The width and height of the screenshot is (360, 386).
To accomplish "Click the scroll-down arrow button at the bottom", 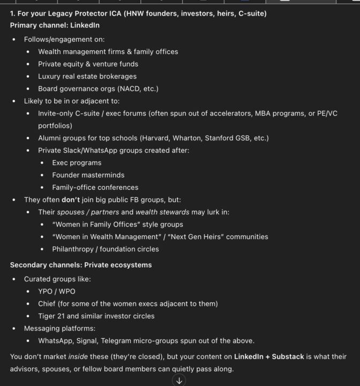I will (x=179, y=381).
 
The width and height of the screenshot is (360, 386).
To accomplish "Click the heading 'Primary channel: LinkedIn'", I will (x=55, y=25).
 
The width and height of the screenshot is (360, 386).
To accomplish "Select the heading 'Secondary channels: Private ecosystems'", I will (x=81, y=265).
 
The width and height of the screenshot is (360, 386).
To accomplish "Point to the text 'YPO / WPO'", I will (x=57, y=291).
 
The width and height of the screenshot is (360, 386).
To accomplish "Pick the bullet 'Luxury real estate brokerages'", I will (x=87, y=76).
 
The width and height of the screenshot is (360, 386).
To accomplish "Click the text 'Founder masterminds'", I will (x=88, y=175).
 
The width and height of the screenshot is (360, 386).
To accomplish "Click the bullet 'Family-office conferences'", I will (x=95, y=188).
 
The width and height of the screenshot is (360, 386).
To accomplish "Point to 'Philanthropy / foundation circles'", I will (x=106, y=249).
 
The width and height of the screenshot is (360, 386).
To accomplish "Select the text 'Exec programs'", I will (x=77, y=163).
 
